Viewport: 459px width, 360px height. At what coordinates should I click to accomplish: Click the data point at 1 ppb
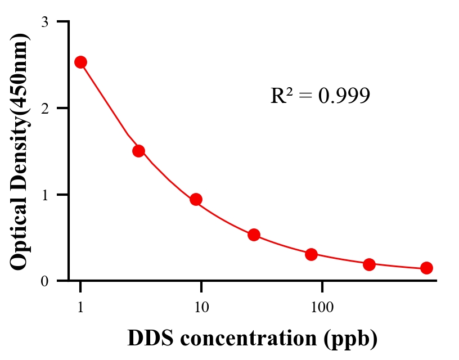(80, 62)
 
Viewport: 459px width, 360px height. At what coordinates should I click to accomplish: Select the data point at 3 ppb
(138, 151)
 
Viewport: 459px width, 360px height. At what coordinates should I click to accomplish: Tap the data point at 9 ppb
(196, 199)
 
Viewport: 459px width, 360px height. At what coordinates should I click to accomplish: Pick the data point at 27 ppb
(254, 235)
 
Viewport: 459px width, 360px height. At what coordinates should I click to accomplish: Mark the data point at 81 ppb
(311, 254)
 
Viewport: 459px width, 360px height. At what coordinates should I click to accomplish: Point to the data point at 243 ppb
(369, 264)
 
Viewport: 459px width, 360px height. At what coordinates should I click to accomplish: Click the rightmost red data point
(426, 268)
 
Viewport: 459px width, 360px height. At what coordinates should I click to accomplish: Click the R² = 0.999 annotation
(320, 96)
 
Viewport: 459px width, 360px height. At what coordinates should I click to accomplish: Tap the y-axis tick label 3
(44, 22)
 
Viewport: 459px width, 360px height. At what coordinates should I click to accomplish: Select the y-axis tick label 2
(44, 108)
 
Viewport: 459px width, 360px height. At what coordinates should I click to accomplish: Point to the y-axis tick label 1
(44, 195)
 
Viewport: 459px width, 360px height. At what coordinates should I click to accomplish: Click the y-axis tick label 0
(44, 281)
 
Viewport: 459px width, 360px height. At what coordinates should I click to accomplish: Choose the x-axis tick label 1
(80, 307)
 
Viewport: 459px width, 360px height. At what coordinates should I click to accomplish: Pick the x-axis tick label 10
(201, 307)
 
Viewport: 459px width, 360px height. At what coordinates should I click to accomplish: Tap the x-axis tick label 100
(322, 307)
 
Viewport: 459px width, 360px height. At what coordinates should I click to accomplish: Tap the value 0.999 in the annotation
(344, 96)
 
